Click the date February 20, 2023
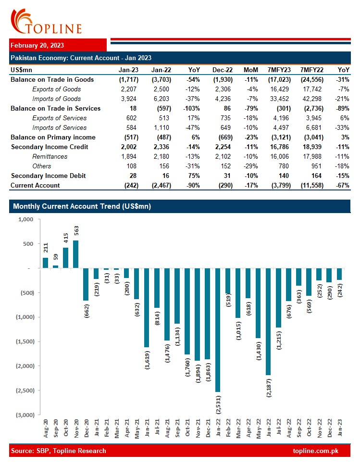pos(37,45)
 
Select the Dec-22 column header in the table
pos(221,70)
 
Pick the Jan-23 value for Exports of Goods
pos(129,89)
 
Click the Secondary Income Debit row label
pos(48,176)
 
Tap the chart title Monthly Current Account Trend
pos(82,206)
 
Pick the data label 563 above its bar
pos(76,231)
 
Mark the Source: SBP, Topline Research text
pos(58,451)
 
